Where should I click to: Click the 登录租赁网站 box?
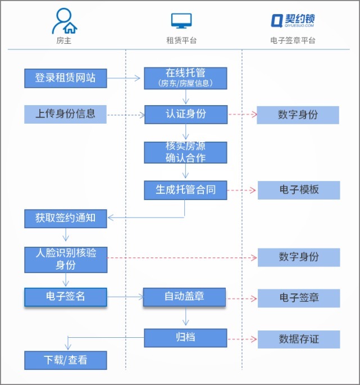pyautogui.click(x=65, y=78)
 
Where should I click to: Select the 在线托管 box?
pyautogui.click(x=185, y=78)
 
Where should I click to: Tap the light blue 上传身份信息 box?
pyautogui.click(x=65, y=114)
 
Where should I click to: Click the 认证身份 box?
pyautogui.click(x=185, y=114)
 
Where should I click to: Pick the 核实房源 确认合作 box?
pyautogui.click(x=185, y=152)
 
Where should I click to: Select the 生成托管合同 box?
pyautogui.click(x=185, y=190)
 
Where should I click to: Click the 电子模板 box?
pyautogui.click(x=299, y=190)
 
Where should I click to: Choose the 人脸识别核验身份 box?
pyautogui.click(x=65, y=259)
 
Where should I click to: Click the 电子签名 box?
pyautogui.click(x=65, y=297)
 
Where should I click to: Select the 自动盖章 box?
pyautogui.click(x=184, y=297)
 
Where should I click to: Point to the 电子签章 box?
pyautogui.click(x=299, y=298)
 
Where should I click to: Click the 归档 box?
pyautogui.click(x=185, y=338)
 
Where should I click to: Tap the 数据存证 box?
pyautogui.click(x=299, y=339)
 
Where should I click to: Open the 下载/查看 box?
pyautogui.click(x=65, y=360)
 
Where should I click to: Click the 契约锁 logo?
pyautogui.click(x=292, y=20)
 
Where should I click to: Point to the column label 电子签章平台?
pyautogui.click(x=293, y=40)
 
